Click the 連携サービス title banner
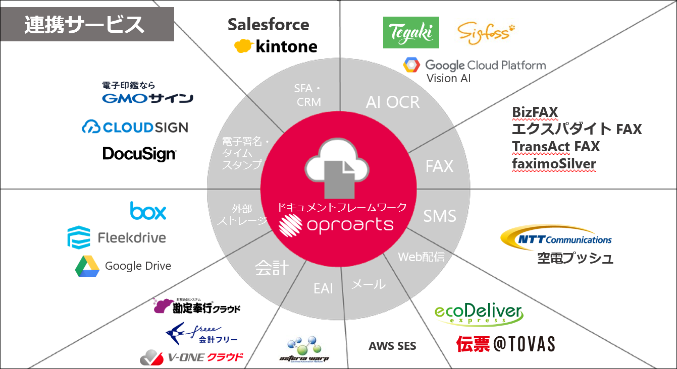(87, 24)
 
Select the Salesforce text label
(268, 24)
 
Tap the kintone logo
(276, 46)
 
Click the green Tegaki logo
(411, 32)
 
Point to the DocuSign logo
(139, 154)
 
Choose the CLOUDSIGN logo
(135, 127)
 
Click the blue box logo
(148, 211)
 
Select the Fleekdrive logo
(117, 237)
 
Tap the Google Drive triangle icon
(87, 266)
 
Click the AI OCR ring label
(393, 102)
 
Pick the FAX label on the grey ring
(439, 166)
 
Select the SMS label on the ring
(439, 216)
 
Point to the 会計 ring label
(272, 268)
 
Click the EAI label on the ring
(323, 288)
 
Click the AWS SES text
(392, 346)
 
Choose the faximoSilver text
(554, 164)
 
